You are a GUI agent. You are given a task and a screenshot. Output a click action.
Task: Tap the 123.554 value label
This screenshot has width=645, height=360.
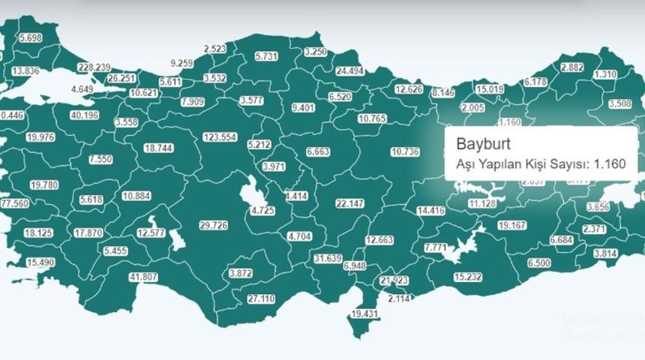[220, 137]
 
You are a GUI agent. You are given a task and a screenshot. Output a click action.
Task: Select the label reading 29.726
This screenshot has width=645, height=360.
[213, 225]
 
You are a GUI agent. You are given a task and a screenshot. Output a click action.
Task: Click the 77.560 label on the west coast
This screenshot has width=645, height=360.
[14, 203]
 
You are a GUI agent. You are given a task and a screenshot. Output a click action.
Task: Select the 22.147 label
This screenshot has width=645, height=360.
[349, 203]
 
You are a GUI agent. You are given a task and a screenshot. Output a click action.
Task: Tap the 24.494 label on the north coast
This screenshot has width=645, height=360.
[349, 71]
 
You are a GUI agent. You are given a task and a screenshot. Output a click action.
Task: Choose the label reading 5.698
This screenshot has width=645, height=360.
[32, 37]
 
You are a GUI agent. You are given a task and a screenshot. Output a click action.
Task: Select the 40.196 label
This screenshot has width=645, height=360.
[84, 115]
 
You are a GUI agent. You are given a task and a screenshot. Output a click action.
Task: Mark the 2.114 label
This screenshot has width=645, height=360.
[400, 298]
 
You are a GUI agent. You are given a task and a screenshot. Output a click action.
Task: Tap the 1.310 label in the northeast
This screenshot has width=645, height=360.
[604, 74]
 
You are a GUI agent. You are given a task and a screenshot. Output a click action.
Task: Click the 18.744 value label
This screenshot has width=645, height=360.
[158, 148]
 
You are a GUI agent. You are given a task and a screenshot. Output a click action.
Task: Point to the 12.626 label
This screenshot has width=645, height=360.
[409, 89]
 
